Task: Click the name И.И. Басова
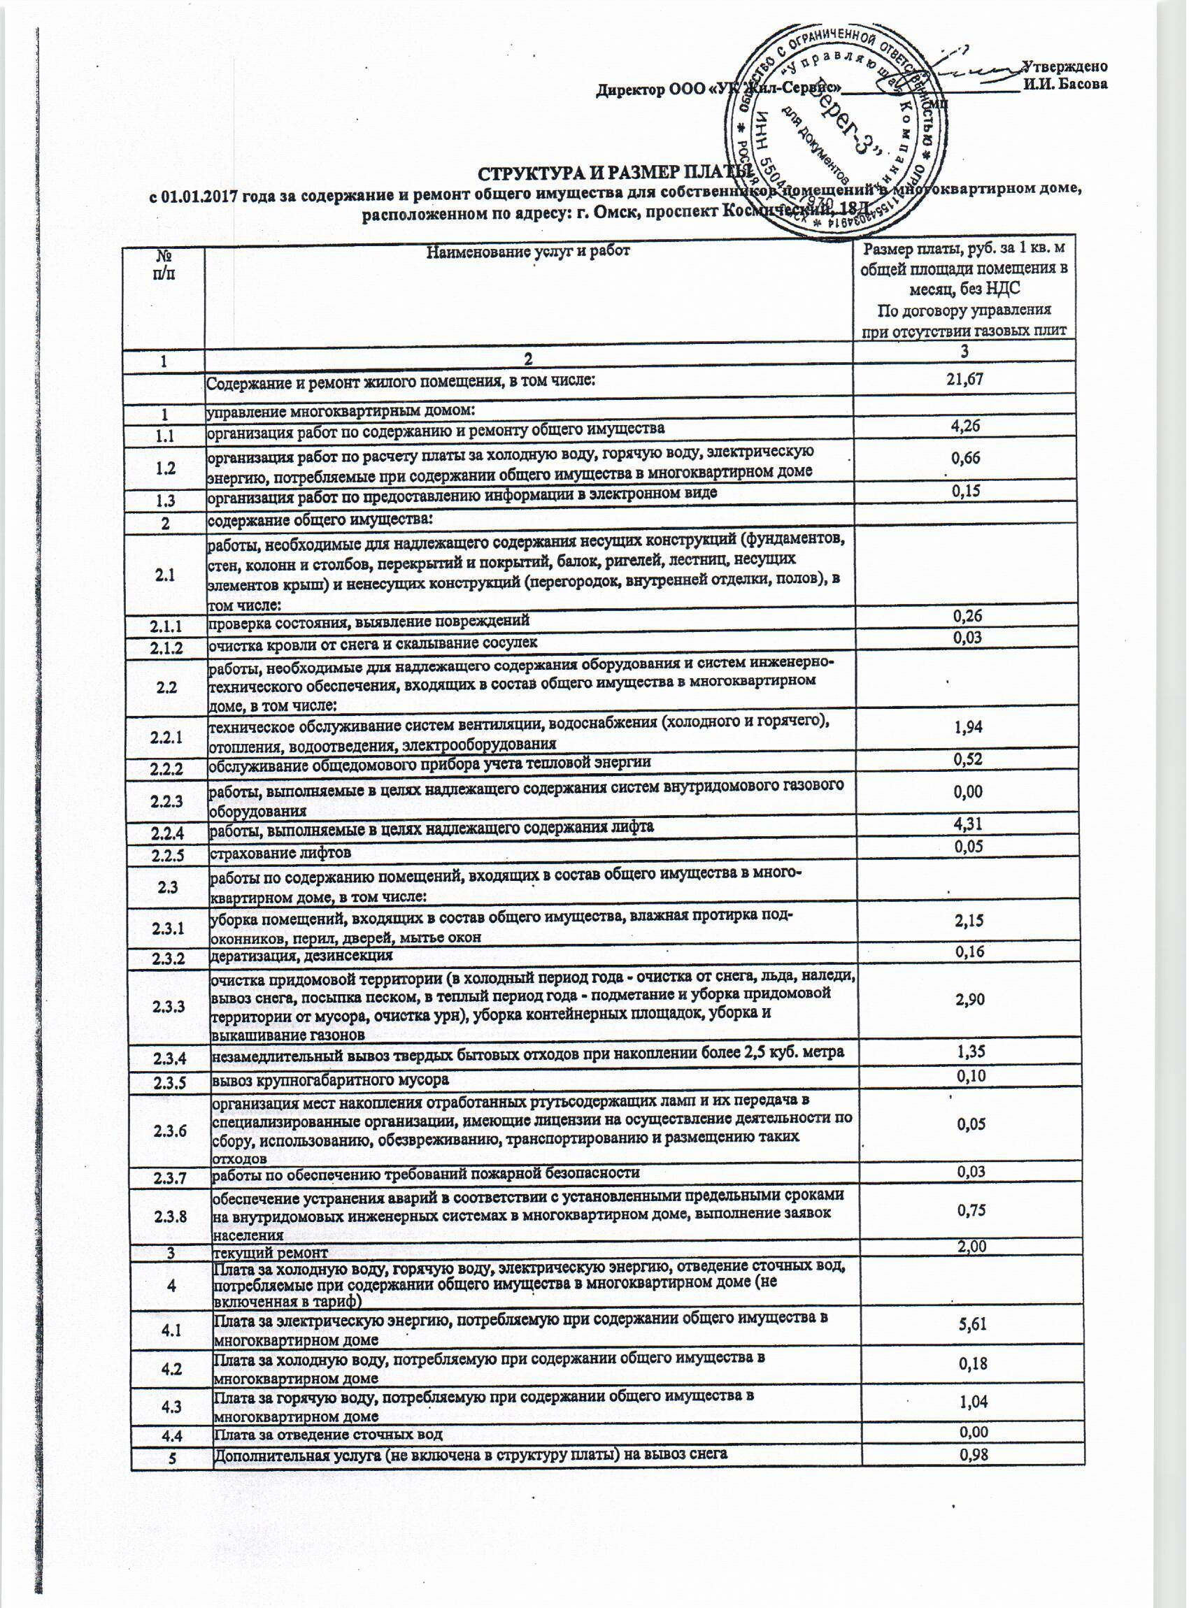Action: click(1065, 84)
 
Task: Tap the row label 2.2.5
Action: click(165, 854)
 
